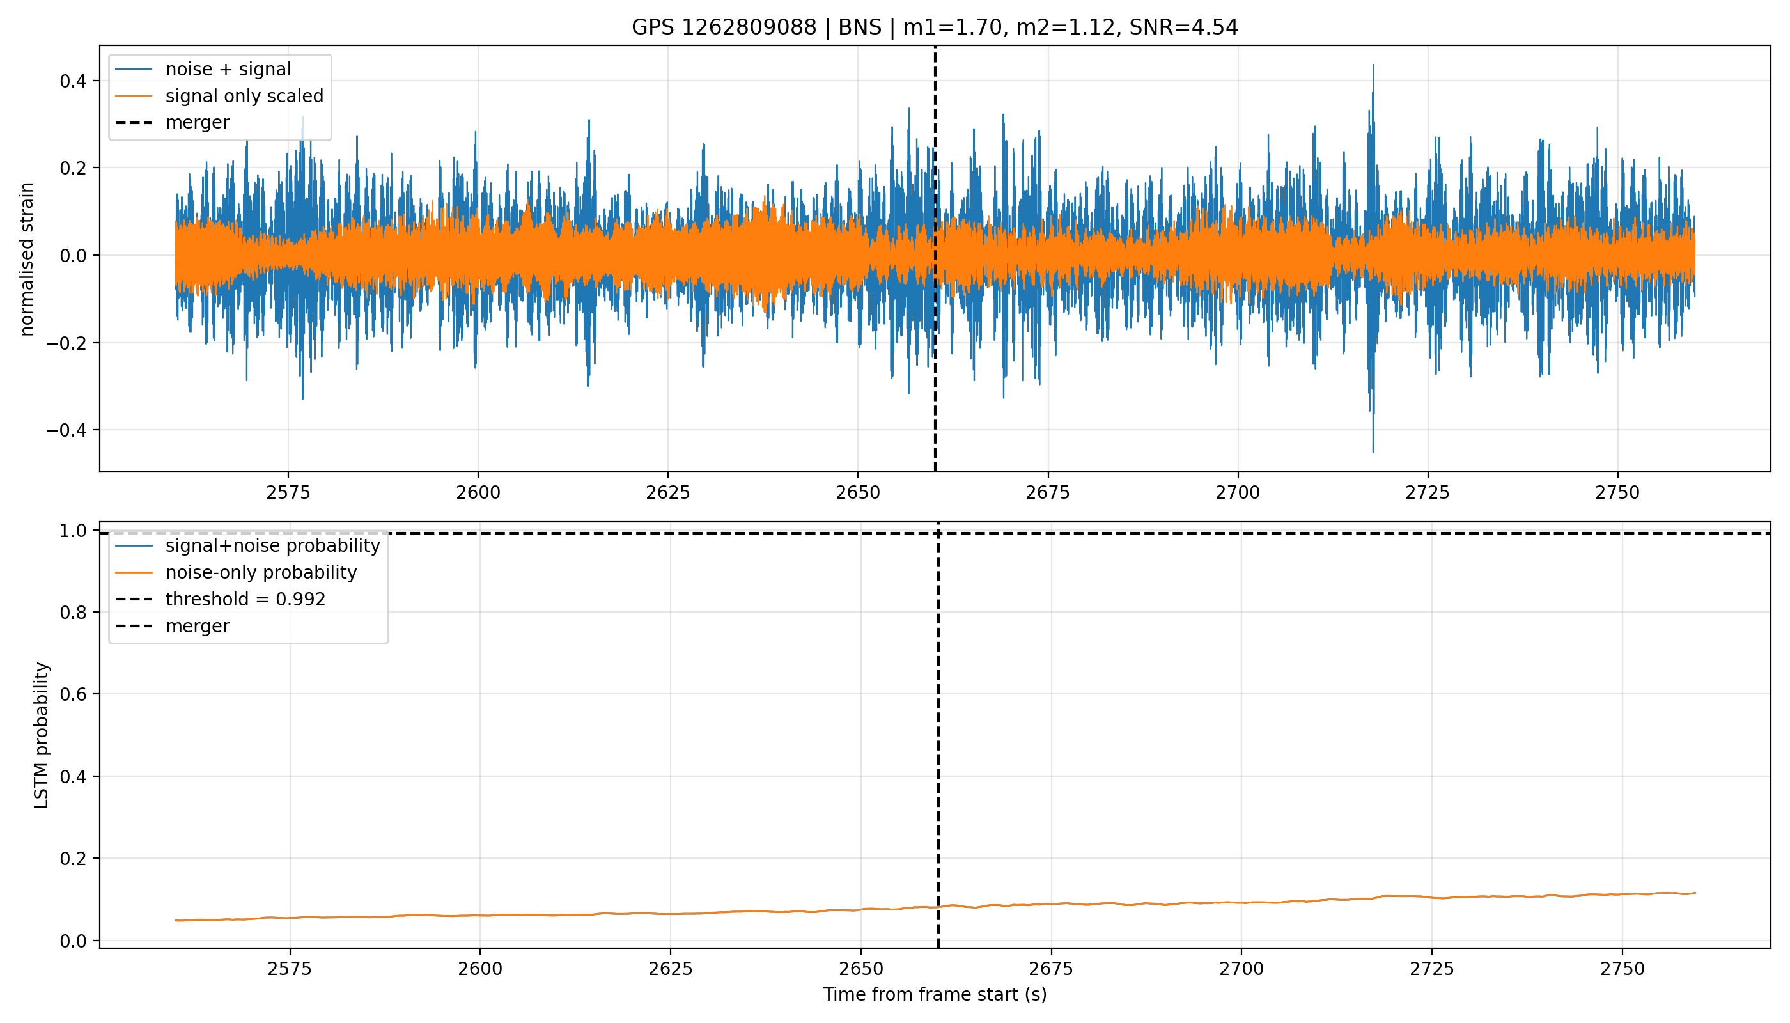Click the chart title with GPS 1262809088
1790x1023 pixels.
(x=935, y=27)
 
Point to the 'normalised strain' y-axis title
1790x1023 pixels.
(x=27, y=259)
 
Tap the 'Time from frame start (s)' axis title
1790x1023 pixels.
(x=935, y=995)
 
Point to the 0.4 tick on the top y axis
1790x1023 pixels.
(x=73, y=81)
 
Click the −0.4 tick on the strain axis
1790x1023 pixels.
(x=66, y=430)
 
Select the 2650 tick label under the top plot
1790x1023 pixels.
(x=858, y=492)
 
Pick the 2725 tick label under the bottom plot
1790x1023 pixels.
(x=1432, y=969)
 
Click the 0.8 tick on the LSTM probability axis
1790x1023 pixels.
(x=73, y=613)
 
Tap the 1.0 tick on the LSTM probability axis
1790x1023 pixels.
(x=73, y=531)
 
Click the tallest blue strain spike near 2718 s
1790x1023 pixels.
(x=1373, y=65)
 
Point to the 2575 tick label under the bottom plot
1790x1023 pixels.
(x=290, y=969)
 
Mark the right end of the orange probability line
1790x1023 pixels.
(x=1695, y=893)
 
